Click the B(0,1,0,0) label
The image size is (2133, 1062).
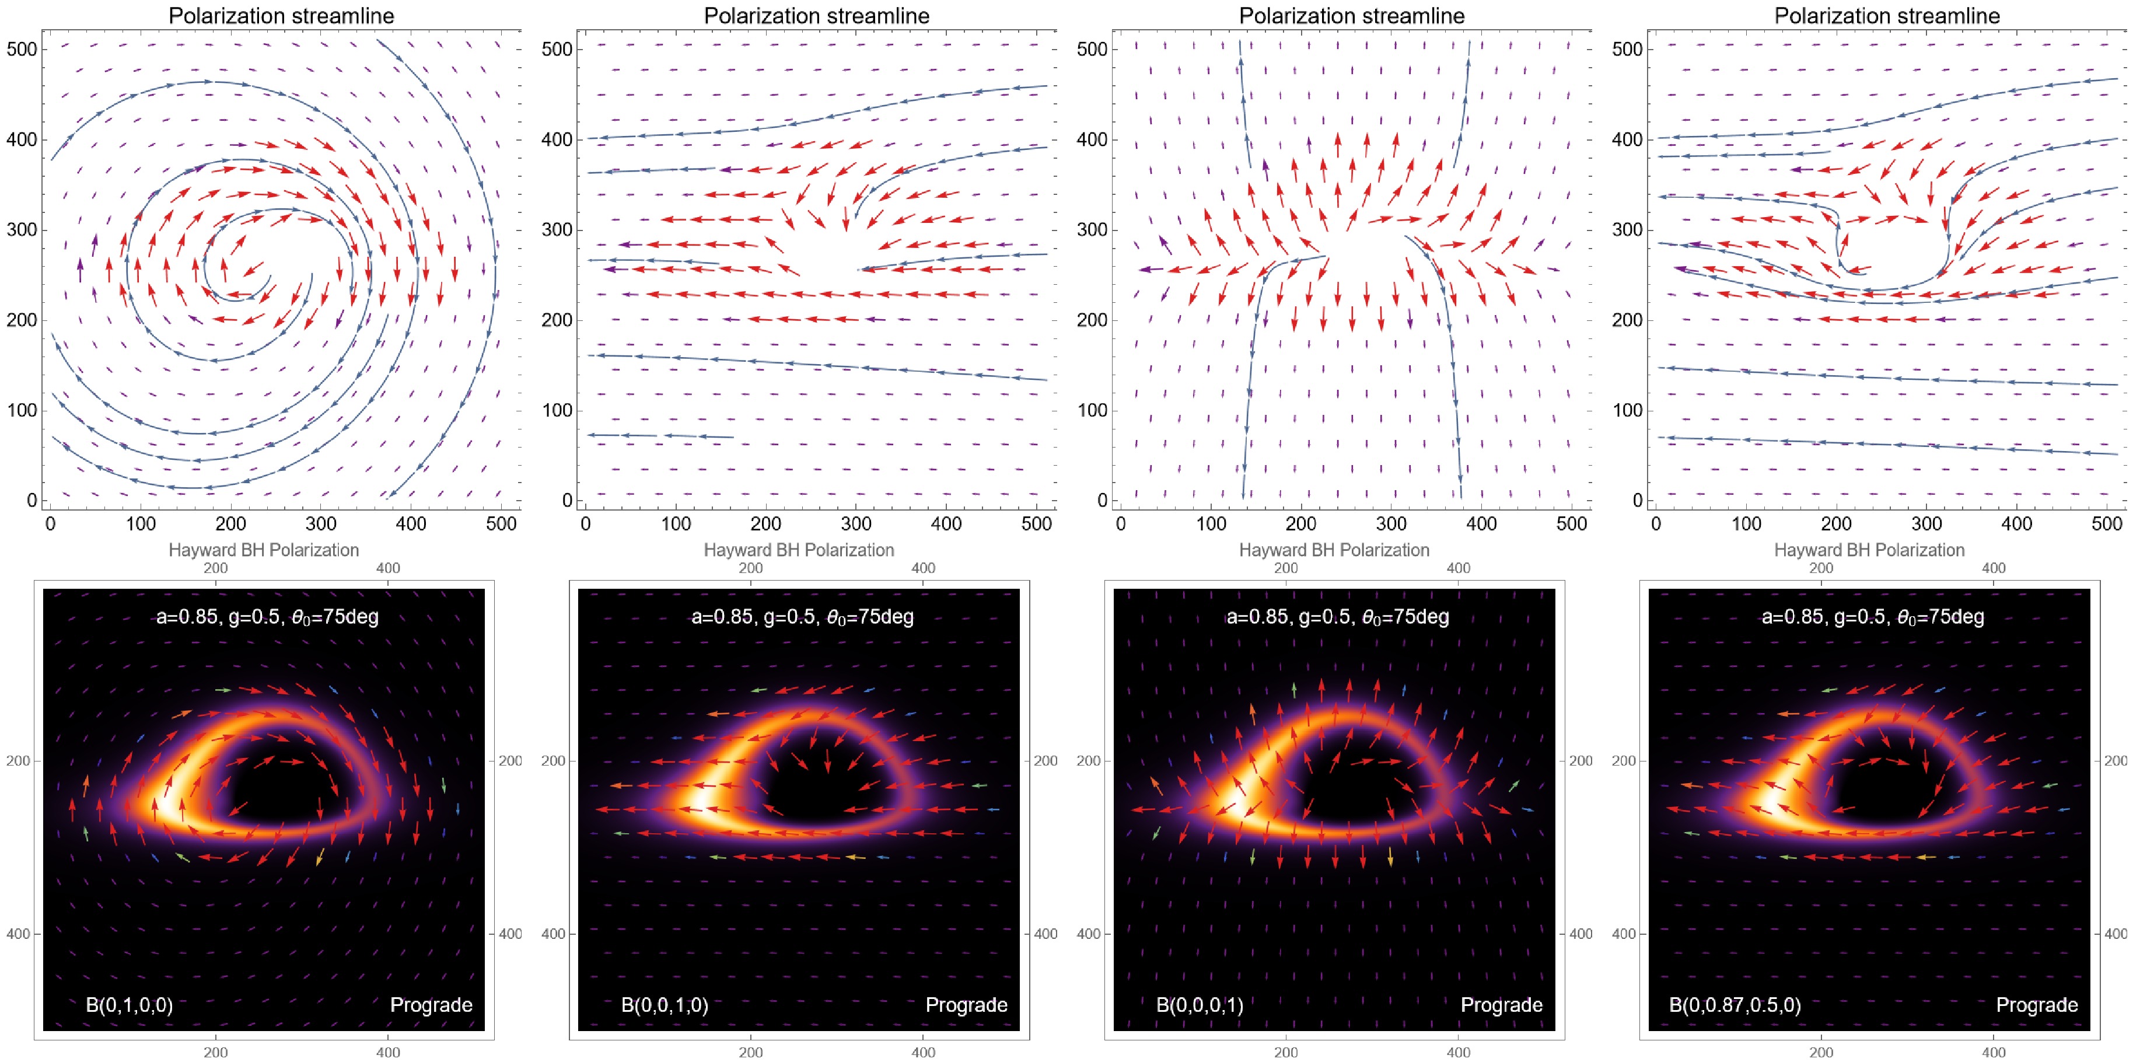tap(129, 1005)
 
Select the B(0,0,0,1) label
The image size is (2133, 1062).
tap(1199, 1005)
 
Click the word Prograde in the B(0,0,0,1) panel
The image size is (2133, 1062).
tap(1501, 1005)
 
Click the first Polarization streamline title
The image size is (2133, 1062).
tap(282, 16)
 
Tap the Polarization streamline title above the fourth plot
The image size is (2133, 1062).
tap(1887, 16)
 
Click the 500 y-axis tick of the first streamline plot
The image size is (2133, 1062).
tap(22, 49)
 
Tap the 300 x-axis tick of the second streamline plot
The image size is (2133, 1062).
tap(855, 523)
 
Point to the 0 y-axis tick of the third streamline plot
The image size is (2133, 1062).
tap(1102, 500)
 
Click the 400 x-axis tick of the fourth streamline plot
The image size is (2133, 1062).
tap(2016, 523)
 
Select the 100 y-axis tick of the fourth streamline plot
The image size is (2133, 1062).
tap(1627, 410)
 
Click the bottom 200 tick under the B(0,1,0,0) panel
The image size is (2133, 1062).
tap(215, 1052)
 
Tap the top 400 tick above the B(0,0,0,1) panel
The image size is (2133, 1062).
tap(1458, 568)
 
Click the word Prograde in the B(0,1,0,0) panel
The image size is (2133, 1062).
tap(431, 1005)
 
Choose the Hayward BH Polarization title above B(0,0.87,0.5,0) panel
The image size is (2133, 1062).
tap(1869, 550)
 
